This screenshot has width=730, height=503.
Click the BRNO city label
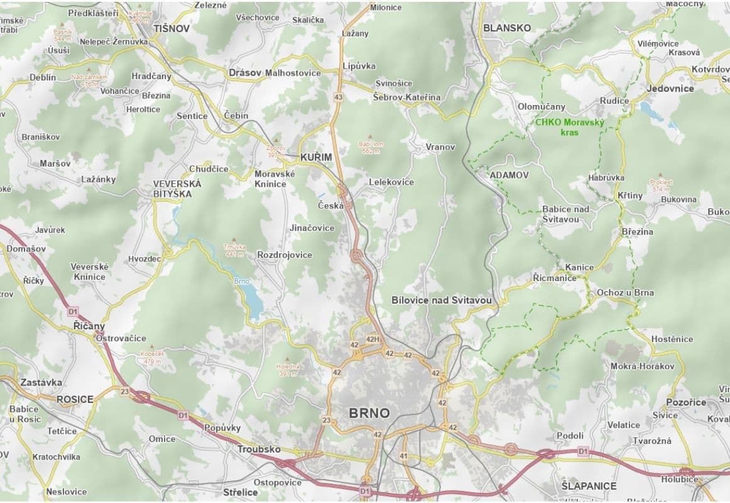pos(369,413)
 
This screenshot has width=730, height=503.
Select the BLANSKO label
pos(507,28)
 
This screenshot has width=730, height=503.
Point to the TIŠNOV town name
pos(172,28)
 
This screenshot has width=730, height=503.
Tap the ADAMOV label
pos(509,175)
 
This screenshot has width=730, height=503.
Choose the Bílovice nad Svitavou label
pos(441,301)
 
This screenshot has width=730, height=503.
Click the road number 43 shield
pos(339,97)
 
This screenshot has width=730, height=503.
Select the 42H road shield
pos(372,340)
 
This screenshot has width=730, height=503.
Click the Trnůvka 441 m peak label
pos(234,250)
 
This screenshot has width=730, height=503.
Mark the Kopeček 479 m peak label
pos(153,357)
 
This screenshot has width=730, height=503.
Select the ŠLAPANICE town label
pos(589,486)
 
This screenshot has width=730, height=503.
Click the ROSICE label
pos(75,399)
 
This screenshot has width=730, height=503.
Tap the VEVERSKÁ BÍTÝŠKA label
pos(177,189)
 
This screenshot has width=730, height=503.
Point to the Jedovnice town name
pos(670,89)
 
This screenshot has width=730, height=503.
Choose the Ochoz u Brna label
pos(625,292)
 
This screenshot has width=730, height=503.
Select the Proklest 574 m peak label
pos(662,185)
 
